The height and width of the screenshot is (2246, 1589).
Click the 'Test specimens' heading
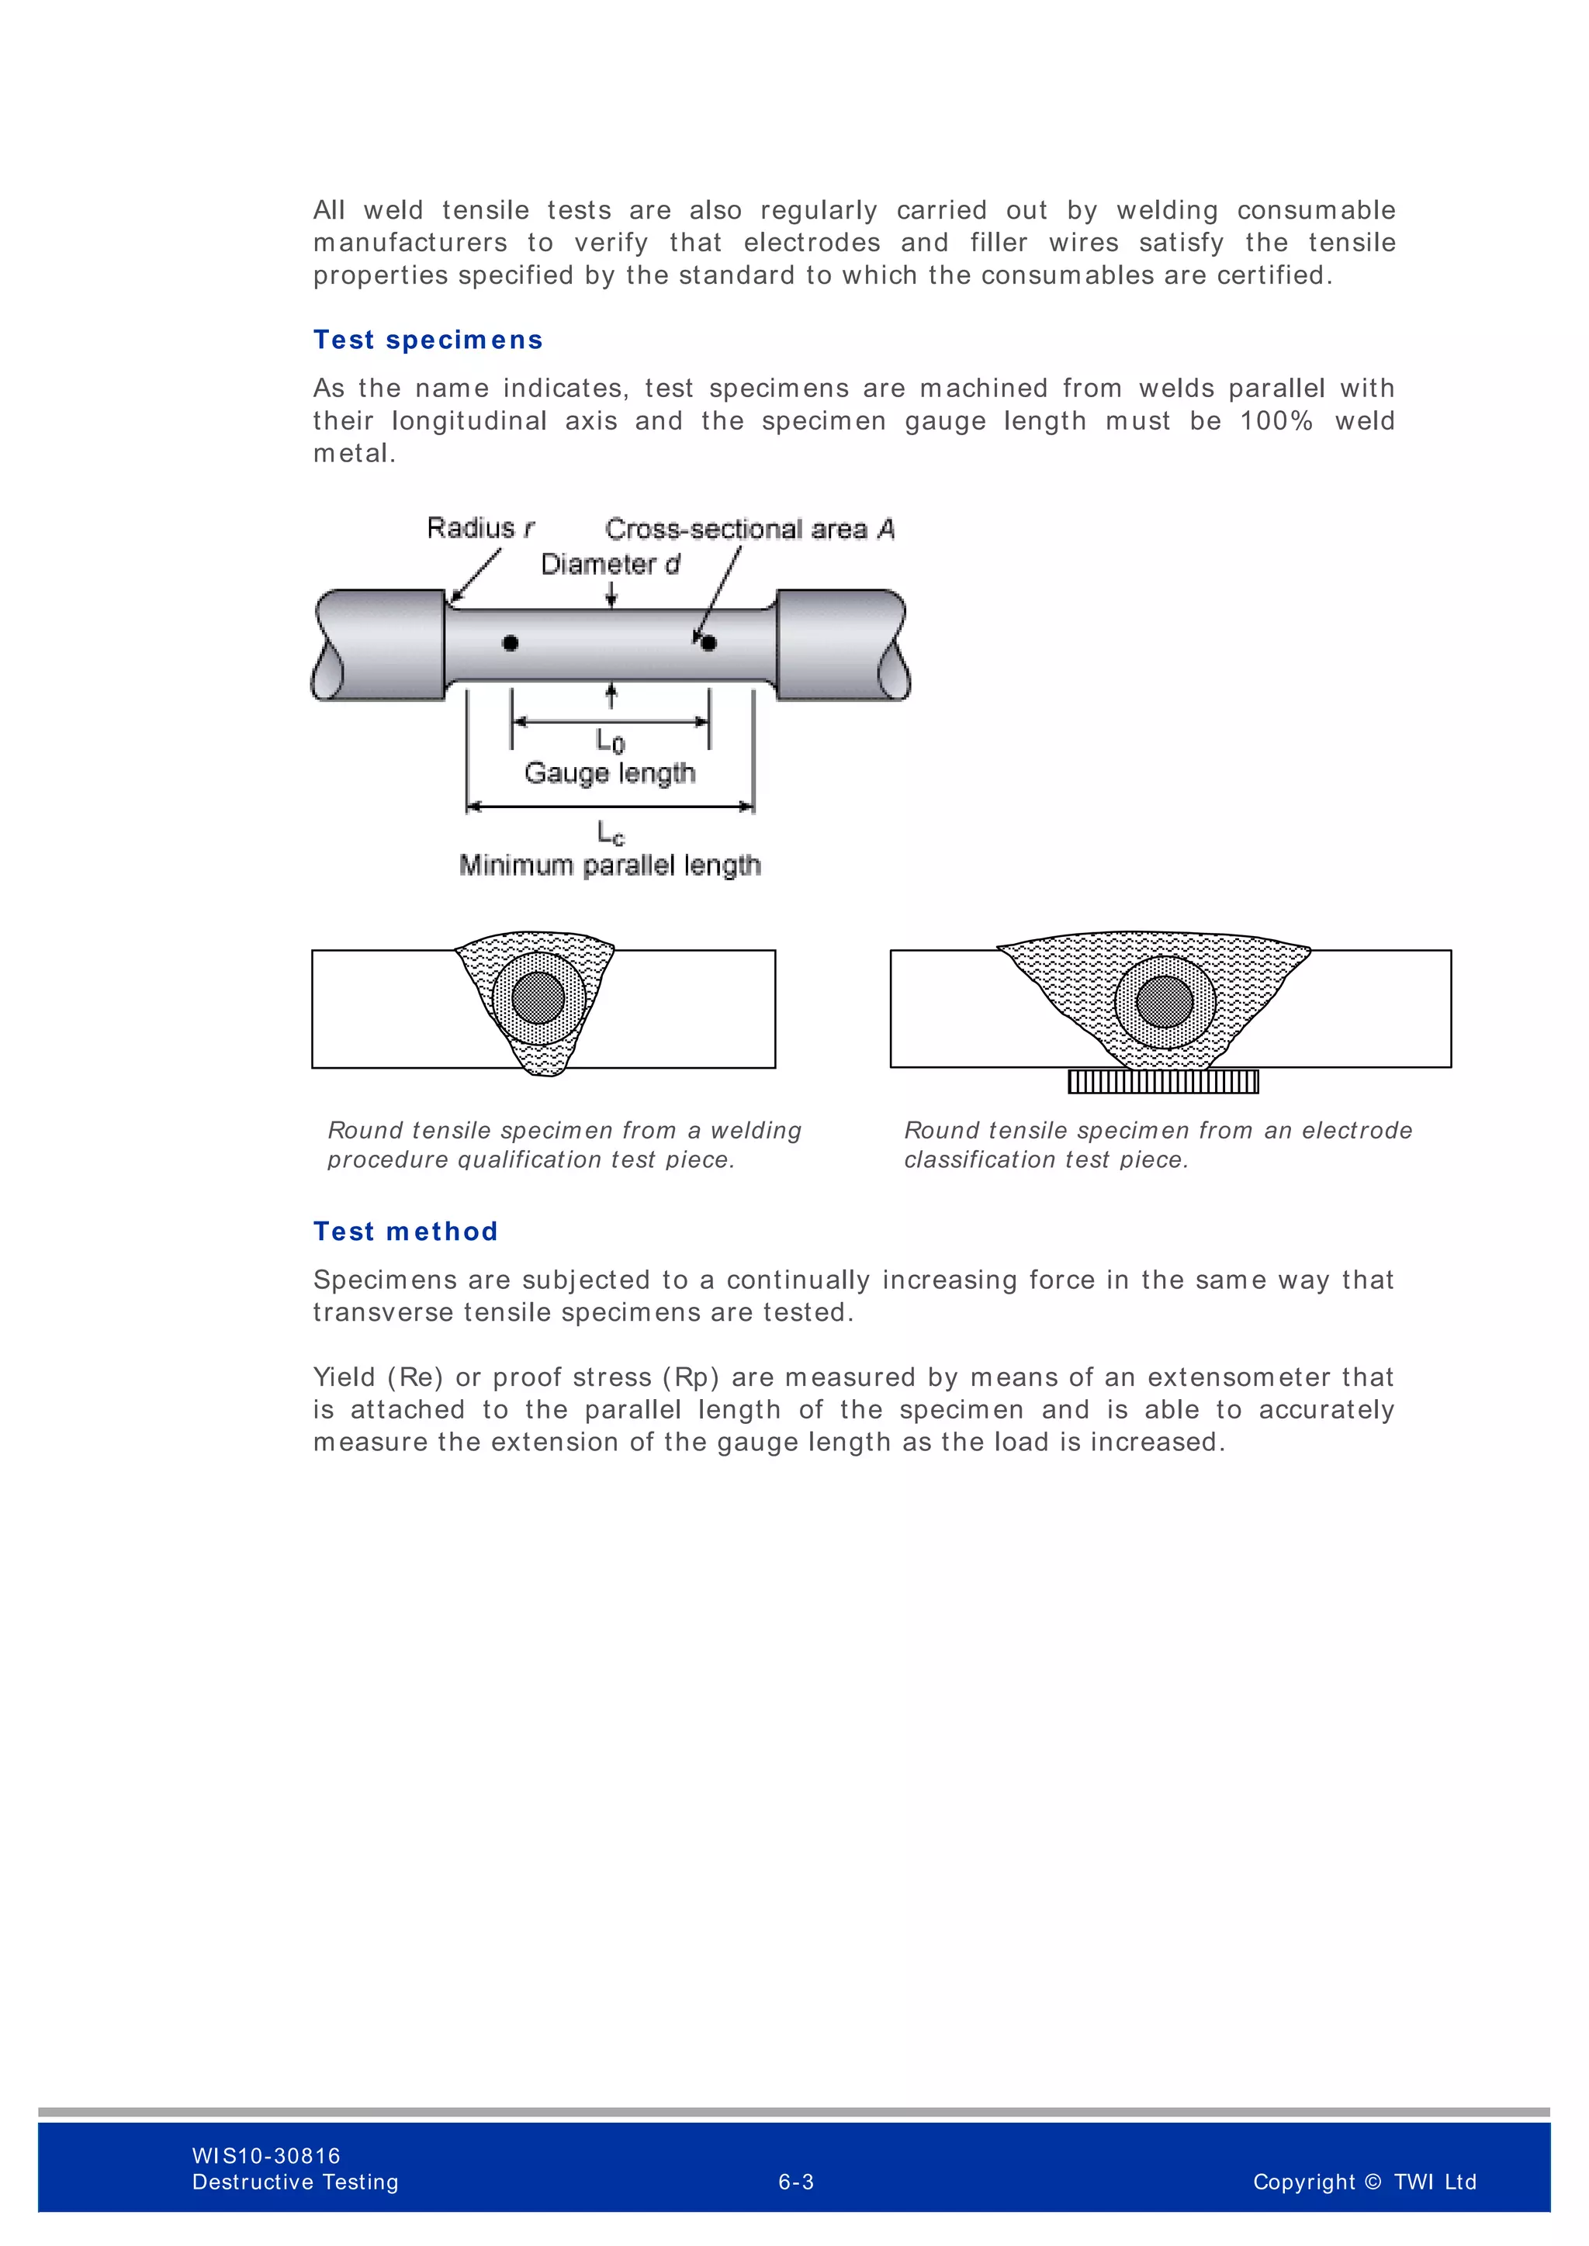(x=428, y=340)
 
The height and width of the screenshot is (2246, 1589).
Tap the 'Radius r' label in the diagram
(x=480, y=528)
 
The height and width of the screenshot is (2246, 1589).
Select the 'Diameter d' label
(x=610, y=565)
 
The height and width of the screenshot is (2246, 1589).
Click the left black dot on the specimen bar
(x=510, y=643)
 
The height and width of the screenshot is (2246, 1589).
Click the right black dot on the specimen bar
(x=709, y=643)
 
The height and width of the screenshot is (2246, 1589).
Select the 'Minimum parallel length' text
(x=610, y=865)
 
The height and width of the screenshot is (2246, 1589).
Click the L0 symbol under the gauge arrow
(x=611, y=741)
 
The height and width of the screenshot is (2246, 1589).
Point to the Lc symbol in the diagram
(x=611, y=834)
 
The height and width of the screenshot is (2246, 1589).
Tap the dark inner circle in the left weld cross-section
(x=538, y=998)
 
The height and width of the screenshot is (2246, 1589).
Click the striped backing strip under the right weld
(x=1163, y=1081)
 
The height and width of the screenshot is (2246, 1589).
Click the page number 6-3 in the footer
(x=795, y=2182)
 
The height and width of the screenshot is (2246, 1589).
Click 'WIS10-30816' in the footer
(x=266, y=2155)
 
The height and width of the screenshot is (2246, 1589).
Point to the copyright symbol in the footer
(x=1372, y=2182)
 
